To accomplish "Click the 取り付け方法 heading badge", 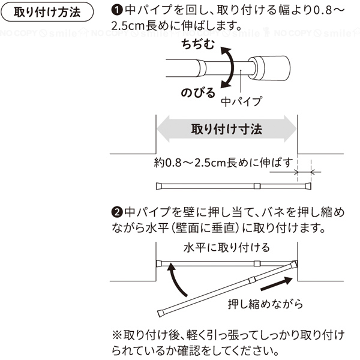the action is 47,12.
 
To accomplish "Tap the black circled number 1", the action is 116,10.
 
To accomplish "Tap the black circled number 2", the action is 116,212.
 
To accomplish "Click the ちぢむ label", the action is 198,44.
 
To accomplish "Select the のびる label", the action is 198,93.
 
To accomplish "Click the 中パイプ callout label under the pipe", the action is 241,101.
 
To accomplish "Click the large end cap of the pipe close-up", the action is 269,68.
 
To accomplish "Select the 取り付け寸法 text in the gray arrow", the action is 227,129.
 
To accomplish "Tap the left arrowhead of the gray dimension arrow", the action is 163,129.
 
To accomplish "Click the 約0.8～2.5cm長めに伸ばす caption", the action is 223,163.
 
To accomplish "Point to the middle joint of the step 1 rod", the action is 257,186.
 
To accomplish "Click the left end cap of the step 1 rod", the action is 159,186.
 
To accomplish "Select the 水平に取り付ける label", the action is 227,248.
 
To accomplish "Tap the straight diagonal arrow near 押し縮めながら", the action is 277,284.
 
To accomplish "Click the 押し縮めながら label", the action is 265,304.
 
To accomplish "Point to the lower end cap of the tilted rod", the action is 161,313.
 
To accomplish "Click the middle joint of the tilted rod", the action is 252,280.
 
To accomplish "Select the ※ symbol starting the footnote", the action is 117,335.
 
